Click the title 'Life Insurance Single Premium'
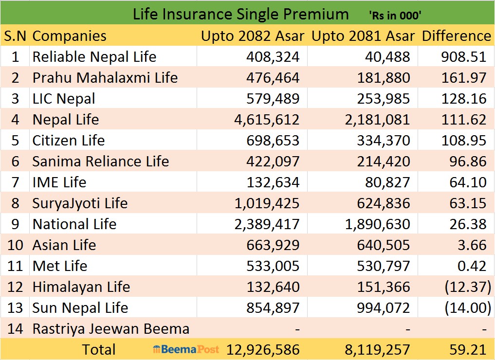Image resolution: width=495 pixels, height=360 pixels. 240,14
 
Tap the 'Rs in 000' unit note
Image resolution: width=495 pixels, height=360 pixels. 395,16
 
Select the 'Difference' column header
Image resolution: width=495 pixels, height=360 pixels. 456,36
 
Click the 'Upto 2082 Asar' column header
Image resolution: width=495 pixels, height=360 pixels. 253,36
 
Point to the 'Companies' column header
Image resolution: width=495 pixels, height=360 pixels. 69,36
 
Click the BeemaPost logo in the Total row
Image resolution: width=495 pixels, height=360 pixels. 186,349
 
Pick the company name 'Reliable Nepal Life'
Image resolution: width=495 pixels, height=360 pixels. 94,57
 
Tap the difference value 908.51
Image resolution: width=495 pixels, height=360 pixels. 463,57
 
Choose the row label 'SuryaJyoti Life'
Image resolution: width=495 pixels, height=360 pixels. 80,203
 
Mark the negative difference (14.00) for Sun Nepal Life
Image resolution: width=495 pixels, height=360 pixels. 466,308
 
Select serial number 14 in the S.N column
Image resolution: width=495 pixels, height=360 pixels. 15,329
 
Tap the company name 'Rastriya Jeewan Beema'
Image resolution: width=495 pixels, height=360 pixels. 110,329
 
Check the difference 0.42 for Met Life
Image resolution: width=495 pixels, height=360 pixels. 472,266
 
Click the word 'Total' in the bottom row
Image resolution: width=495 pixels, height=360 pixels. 99,350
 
